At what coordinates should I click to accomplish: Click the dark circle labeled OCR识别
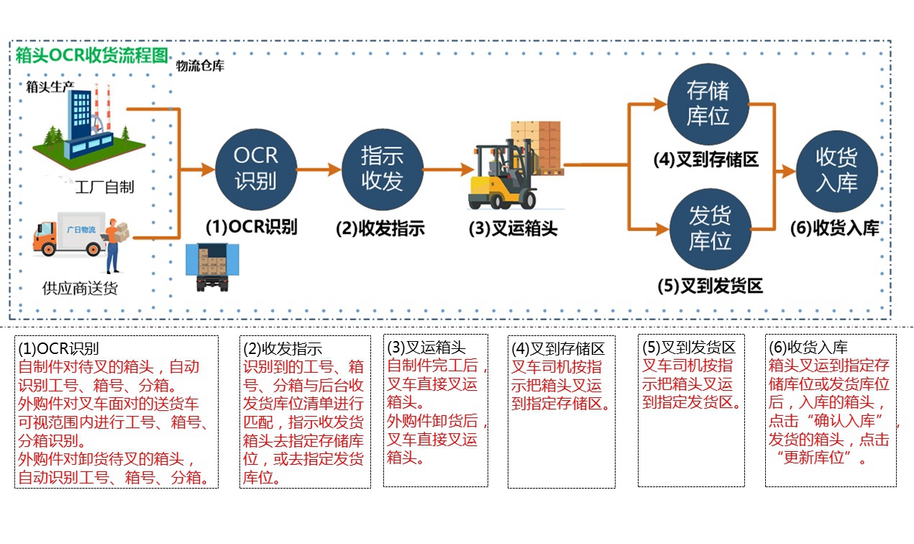(x=255, y=168)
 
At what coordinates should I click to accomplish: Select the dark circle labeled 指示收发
(x=381, y=169)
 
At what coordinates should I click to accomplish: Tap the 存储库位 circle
(x=708, y=103)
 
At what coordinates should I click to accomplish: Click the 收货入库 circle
(x=837, y=171)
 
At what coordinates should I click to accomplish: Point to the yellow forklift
(x=503, y=176)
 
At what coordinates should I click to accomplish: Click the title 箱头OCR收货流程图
(x=92, y=55)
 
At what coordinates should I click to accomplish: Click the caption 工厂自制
(x=104, y=188)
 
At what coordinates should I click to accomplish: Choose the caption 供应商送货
(x=80, y=289)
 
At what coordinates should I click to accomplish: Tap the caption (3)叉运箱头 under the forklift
(x=513, y=230)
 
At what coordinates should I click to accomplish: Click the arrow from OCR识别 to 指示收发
(x=319, y=170)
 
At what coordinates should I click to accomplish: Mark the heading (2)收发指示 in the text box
(x=283, y=349)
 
